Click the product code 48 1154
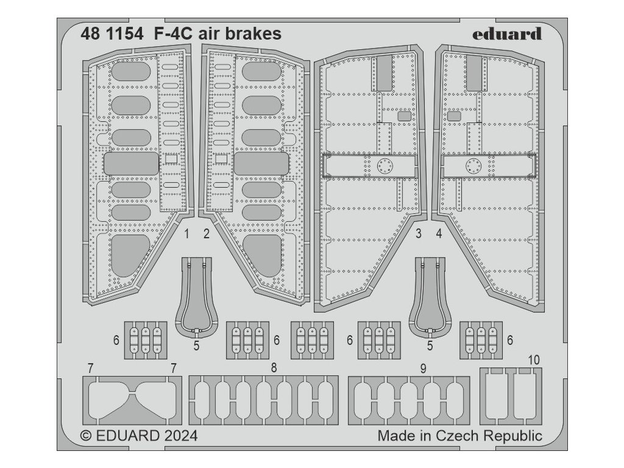112,34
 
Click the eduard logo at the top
507,34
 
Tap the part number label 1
186,233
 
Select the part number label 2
207,233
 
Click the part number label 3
419,233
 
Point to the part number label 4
439,233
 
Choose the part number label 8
274,367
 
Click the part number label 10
534,360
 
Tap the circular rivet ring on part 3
385,165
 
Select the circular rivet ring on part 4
473,165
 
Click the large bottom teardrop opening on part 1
130,256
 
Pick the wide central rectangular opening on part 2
261,164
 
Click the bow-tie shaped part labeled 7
132,401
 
